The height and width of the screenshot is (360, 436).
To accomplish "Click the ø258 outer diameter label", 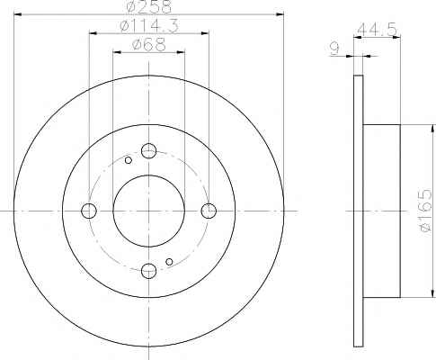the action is coord(148,6).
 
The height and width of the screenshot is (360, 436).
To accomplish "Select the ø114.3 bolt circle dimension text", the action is coord(149,26).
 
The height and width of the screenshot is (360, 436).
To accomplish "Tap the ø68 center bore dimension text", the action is coord(149,45).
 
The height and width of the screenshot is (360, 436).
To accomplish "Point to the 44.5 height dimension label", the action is coord(378,30).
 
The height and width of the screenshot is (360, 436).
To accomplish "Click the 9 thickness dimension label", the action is coord(334,49).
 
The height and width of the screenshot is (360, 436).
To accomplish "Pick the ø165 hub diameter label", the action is coord(425,211).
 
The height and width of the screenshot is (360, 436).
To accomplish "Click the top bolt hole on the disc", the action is coord(149,150).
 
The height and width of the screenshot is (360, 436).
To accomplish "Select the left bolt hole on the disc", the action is coord(89,211).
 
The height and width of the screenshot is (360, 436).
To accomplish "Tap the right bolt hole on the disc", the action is coord(209,211).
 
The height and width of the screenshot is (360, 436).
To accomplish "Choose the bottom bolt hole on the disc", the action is coord(149,271).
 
